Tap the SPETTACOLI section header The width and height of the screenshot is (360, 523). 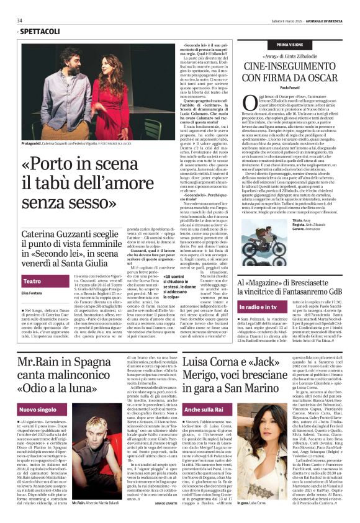click(x=37, y=31)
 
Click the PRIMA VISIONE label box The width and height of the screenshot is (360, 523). click(x=290, y=45)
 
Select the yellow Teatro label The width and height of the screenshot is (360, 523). click(x=32, y=281)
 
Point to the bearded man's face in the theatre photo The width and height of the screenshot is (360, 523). click(x=72, y=60)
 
